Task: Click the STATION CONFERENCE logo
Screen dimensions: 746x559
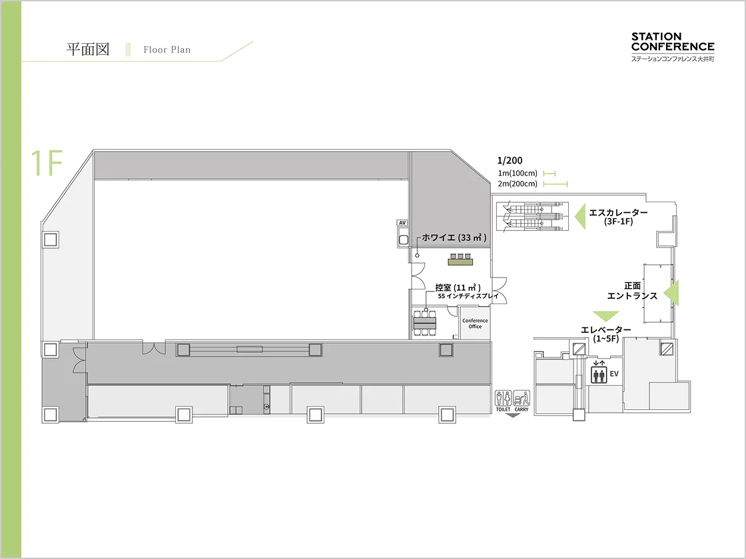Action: pyautogui.click(x=673, y=47)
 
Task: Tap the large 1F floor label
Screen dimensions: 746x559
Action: pyautogui.click(x=47, y=163)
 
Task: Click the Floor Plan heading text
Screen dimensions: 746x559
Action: pyautogui.click(x=167, y=49)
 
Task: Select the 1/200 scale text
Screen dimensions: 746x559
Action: pyautogui.click(x=510, y=160)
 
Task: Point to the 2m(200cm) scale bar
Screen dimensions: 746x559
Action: pyautogui.click(x=556, y=184)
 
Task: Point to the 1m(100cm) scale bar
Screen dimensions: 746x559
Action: pyautogui.click(x=549, y=174)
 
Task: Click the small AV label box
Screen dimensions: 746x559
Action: pyautogui.click(x=402, y=222)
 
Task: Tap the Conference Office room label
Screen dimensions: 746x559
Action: pyautogui.click(x=475, y=323)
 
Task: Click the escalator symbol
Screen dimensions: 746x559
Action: pyautogui.click(x=532, y=217)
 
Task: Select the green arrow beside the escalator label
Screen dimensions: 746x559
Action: pyautogui.click(x=580, y=216)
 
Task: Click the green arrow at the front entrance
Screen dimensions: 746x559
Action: pyautogui.click(x=672, y=293)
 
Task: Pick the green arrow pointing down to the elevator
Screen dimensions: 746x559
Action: pyautogui.click(x=605, y=315)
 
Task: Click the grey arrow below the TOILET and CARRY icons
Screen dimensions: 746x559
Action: pyautogui.click(x=512, y=415)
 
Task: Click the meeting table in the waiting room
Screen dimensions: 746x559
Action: pyautogui.click(x=424, y=323)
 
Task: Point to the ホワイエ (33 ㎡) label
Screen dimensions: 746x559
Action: pyautogui.click(x=454, y=238)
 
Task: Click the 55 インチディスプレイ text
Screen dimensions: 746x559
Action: pyautogui.click(x=468, y=295)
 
